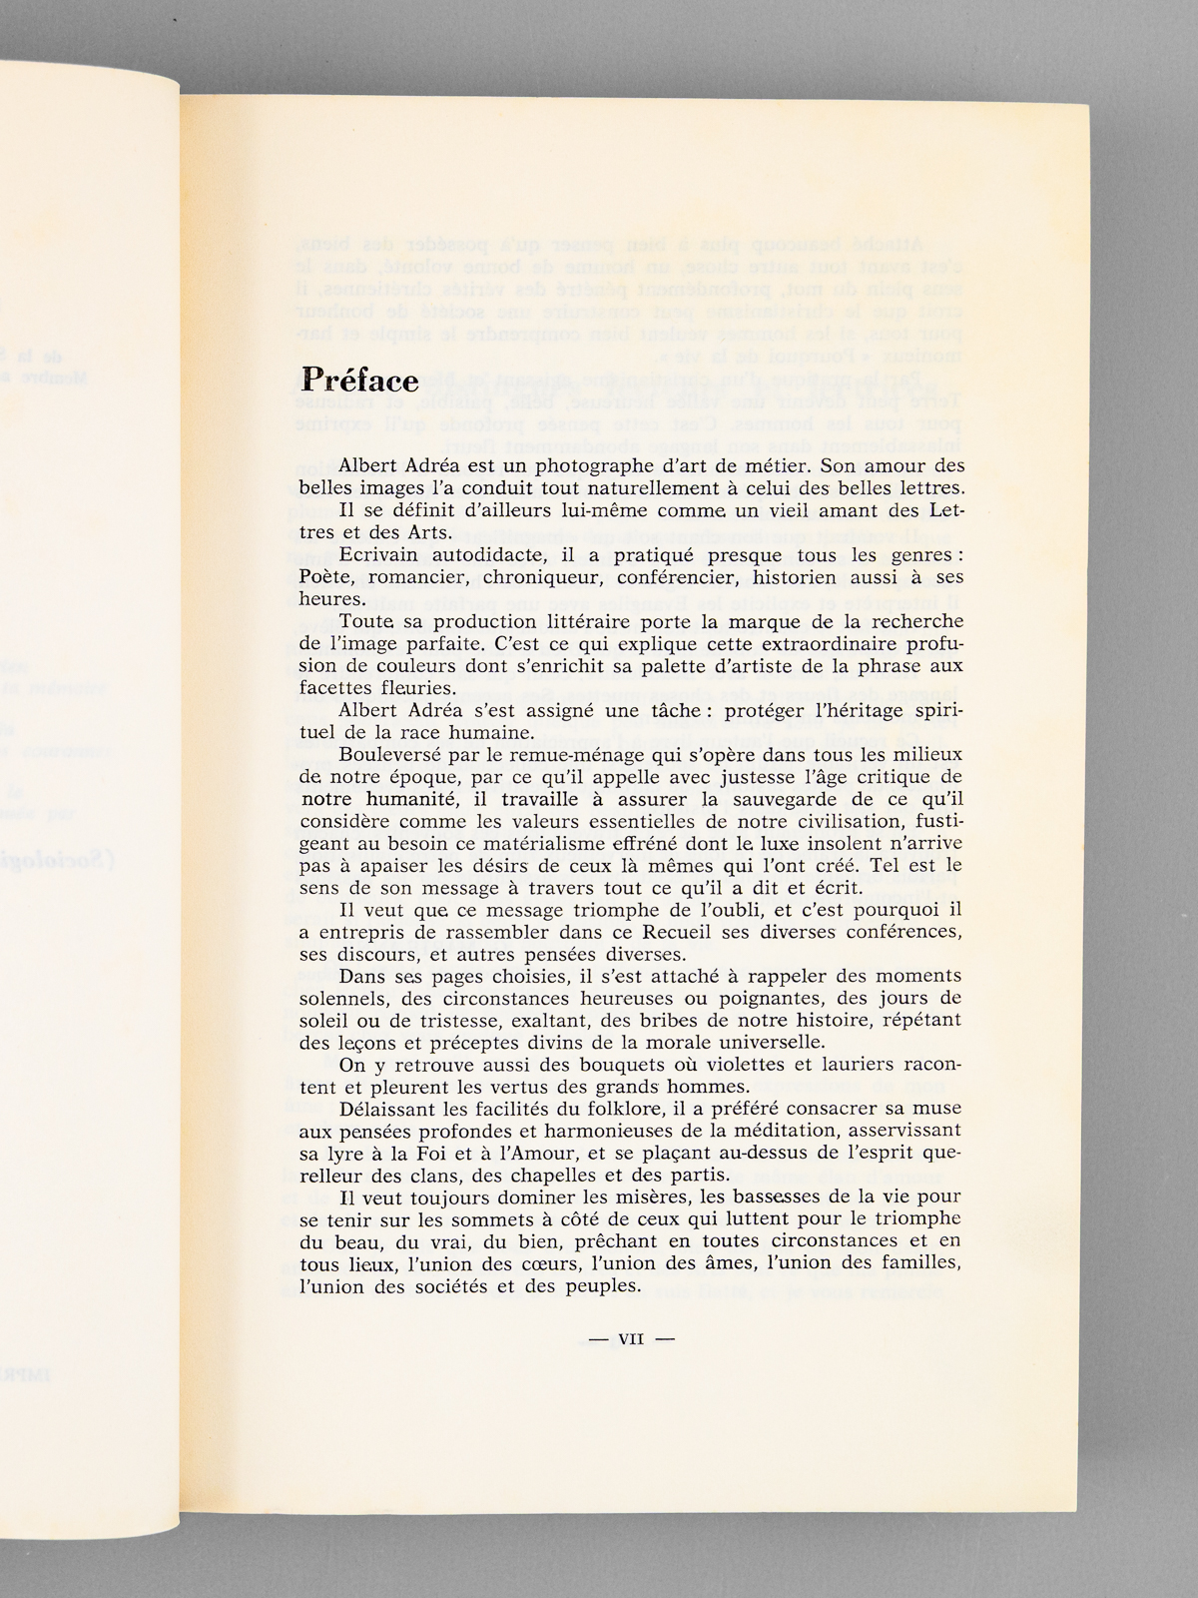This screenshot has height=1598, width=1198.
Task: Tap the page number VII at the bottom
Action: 631,1340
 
